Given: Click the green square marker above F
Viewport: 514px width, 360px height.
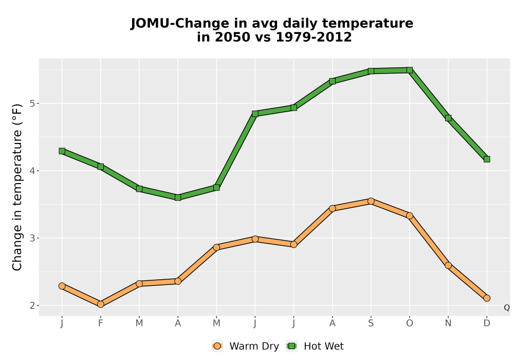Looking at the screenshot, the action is pyautogui.click(x=101, y=167).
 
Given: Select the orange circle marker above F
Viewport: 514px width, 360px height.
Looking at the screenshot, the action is pyautogui.click(x=101, y=304).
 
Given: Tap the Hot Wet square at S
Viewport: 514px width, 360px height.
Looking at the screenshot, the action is pyautogui.click(x=371, y=71).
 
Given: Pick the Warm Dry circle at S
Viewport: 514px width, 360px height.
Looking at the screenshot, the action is pyautogui.click(x=371, y=201).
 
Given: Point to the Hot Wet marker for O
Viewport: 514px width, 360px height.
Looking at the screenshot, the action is pyautogui.click(x=410, y=70).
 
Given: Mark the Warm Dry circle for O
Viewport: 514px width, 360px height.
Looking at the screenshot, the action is pyautogui.click(x=410, y=215).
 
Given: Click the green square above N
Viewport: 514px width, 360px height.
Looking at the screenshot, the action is pyautogui.click(x=448, y=118).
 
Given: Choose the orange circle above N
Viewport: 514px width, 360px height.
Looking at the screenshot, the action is pyautogui.click(x=448, y=265).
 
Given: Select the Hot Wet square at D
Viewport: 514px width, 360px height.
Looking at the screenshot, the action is pyautogui.click(x=487, y=159).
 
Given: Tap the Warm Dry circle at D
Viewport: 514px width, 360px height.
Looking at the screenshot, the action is pyautogui.click(x=487, y=298).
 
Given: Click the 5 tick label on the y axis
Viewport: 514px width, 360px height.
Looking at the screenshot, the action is pyautogui.click(x=32, y=103).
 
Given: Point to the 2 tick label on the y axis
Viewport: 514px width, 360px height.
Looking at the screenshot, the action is pyautogui.click(x=32, y=305).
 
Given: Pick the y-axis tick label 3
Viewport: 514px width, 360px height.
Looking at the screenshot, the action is pyautogui.click(x=32, y=238).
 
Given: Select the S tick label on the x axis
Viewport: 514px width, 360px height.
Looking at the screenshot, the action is pyautogui.click(x=371, y=323).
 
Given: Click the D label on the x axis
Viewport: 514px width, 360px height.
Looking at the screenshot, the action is pyautogui.click(x=487, y=323).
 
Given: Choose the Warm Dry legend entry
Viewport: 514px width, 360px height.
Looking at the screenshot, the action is pyautogui.click(x=245, y=346).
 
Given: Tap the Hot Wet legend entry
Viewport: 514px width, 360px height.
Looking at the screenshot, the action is pyautogui.click(x=315, y=346).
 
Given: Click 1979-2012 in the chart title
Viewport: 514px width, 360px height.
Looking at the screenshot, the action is pyautogui.click(x=314, y=37).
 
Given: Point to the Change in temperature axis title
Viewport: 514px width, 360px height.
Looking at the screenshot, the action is pyautogui.click(x=17, y=188).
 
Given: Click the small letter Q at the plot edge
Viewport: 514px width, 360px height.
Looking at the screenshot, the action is pyautogui.click(x=507, y=308).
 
